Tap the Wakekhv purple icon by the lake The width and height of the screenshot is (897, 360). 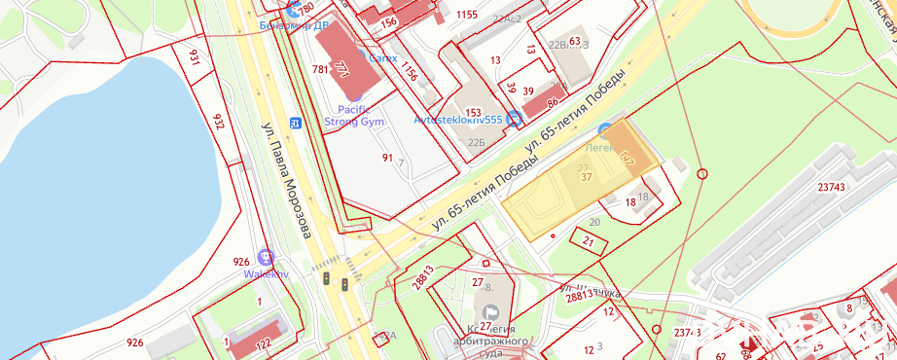(x=266, y=258)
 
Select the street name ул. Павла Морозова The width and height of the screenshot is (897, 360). (x=286, y=179)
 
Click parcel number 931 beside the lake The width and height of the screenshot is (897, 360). (x=195, y=59)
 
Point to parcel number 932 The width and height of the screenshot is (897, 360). (x=218, y=122)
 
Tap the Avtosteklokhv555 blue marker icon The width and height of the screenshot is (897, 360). (x=515, y=119)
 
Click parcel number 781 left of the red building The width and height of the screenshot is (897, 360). (x=320, y=69)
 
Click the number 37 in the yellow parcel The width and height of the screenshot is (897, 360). (x=586, y=177)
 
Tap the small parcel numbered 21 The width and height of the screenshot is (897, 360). (x=589, y=240)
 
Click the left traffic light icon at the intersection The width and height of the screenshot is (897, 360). (x=327, y=279)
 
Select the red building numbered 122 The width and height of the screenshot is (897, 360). (x=262, y=342)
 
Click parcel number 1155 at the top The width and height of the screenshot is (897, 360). (x=467, y=15)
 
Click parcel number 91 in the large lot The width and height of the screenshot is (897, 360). (x=387, y=158)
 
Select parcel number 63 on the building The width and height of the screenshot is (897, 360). (x=574, y=41)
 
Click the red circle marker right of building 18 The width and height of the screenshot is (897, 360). (x=702, y=174)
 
